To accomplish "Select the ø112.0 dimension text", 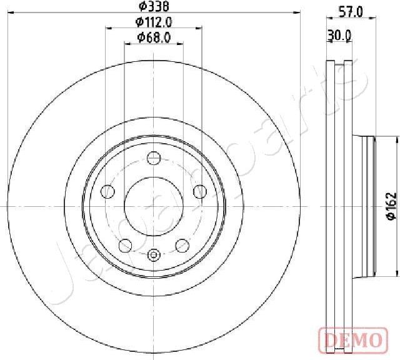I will [154, 22].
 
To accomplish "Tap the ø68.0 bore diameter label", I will [154, 39].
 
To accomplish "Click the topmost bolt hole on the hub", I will [154, 158].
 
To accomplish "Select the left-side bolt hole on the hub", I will [107, 191].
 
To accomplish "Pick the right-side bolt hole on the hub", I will [200, 191].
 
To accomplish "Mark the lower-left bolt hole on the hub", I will [125, 244].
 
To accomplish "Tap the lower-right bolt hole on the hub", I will [182, 244].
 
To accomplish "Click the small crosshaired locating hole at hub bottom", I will [154, 255].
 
